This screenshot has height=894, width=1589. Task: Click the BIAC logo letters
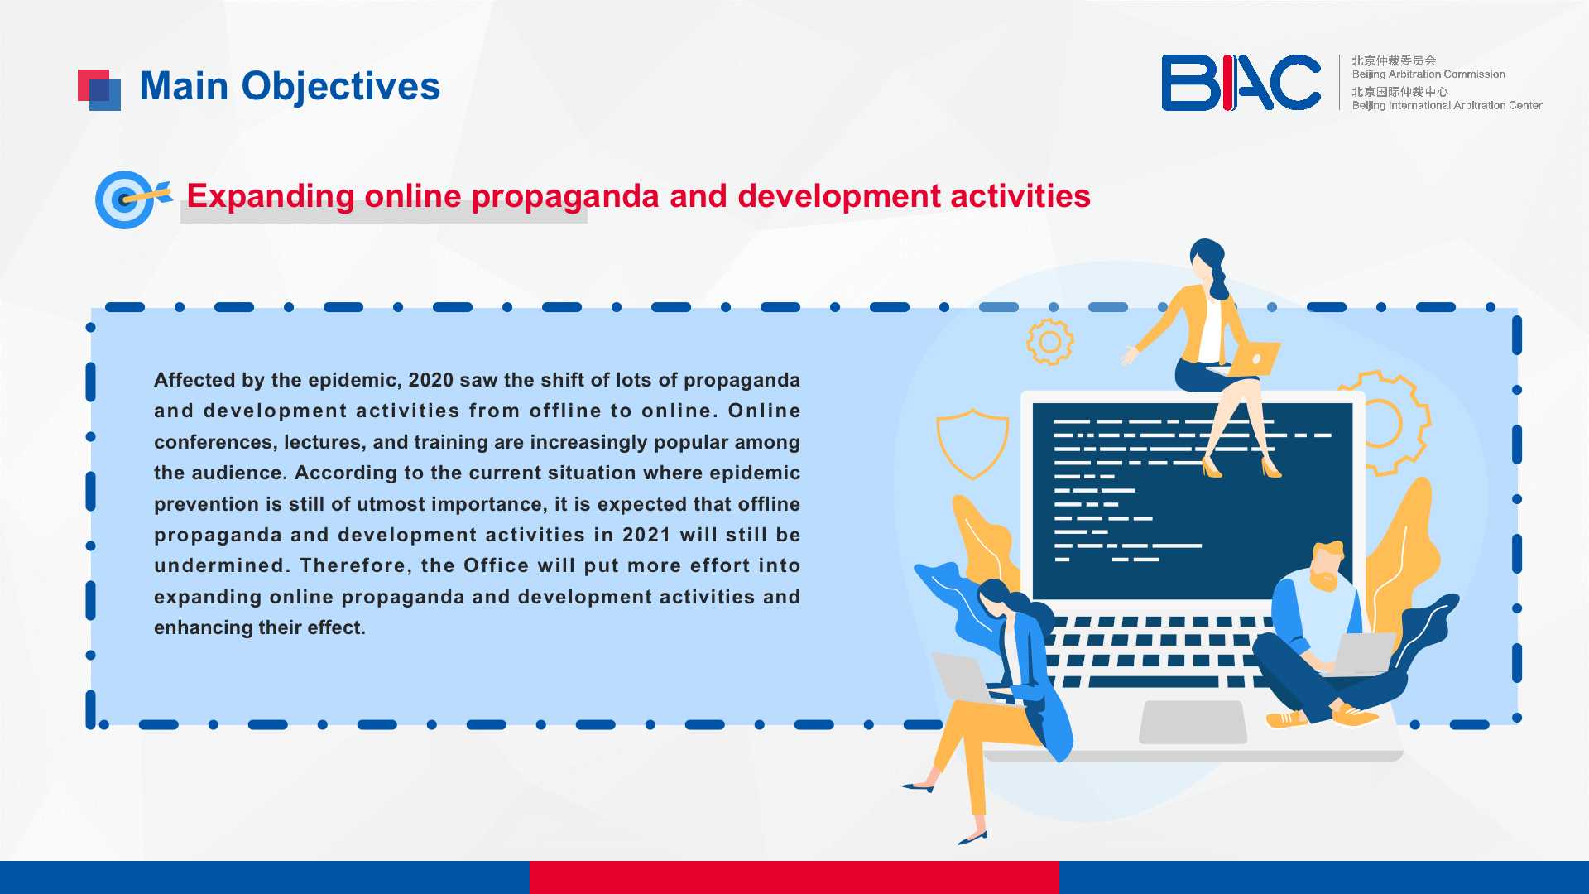(x=1241, y=83)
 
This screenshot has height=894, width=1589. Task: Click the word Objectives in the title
(x=340, y=86)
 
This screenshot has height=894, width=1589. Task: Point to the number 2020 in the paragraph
(x=431, y=380)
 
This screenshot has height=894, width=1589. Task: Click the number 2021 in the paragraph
(x=646, y=535)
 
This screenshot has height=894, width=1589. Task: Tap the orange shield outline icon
(x=972, y=444)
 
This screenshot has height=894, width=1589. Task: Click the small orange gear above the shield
(x=1050, y=342)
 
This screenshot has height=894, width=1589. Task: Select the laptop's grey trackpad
(x=1193, y=722)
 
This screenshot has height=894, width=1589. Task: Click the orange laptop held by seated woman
(x=1253, y=359)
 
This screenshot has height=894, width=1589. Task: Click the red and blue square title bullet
(x=99, y=89)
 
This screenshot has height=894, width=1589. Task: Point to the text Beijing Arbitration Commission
(x=1428, y=74)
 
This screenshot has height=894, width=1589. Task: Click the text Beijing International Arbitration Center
(x=1447, y=105)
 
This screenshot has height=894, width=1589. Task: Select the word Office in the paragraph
(x=496, y=565)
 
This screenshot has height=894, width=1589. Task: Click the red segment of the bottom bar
(x=794, y=877)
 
